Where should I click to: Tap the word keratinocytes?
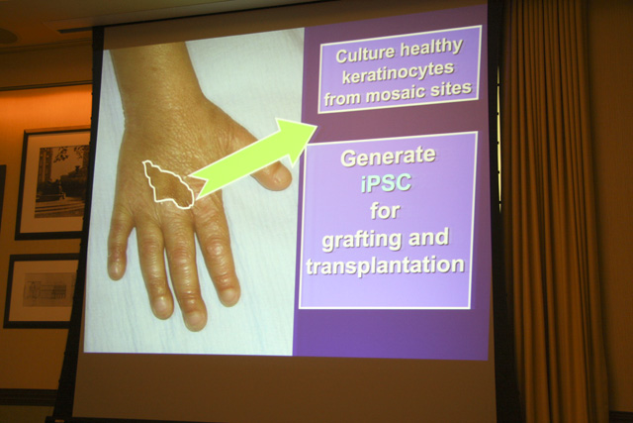(x=398, y=73)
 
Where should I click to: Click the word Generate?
(x=389, y=157)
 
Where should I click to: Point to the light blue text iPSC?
(x=386, y=183)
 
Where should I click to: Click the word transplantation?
(x=385, y=266)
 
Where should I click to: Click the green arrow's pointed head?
(x=316, y=126)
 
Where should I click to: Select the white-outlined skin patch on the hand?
(x=168, y=184)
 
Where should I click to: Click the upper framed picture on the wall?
(x=52, y=183)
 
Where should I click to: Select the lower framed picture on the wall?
(x=42, y=291)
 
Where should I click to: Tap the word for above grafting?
(x=385, y=211)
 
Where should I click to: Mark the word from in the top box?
(x=343, y=99)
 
